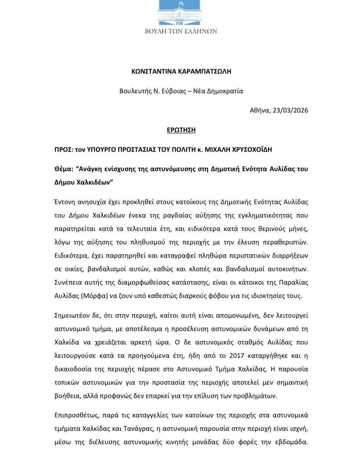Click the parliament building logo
181,12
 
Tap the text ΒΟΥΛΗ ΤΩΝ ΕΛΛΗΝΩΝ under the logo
181,31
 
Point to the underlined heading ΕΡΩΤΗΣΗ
181,130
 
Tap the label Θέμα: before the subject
63,169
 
